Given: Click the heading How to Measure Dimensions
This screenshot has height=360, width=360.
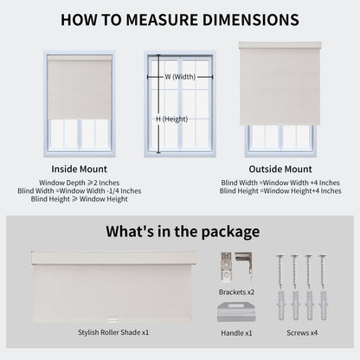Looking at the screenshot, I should click(180, 19).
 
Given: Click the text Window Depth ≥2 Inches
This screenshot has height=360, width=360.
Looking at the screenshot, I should click(79, 183).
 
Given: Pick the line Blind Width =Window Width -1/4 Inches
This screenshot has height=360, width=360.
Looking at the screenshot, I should click(79, 190).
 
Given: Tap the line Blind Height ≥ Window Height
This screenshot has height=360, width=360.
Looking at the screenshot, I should click(79, 199).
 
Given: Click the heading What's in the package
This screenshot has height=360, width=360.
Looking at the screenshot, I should click(183, 231).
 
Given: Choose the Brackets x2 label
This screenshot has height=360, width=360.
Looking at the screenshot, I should click(237, 292).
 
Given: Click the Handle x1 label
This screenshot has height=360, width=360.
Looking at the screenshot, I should click(236, 332).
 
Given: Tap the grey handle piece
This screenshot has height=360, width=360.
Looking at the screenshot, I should click(236, 312).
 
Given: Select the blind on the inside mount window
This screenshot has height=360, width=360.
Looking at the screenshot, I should click(79, 87).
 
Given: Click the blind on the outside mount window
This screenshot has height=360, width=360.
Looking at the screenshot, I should click(280, 82).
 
